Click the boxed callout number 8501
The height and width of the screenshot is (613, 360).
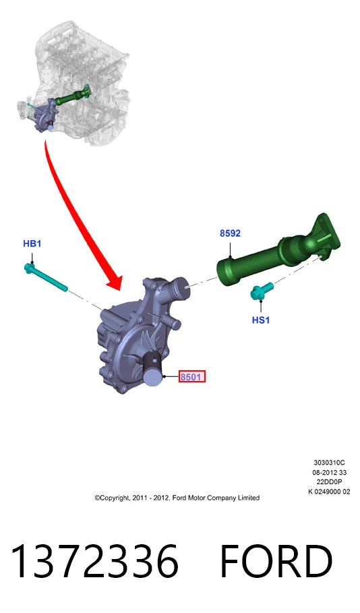pyautogui.click(x=191, y=376)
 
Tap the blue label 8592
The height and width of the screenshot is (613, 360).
pyautogui.click(x=230, y=233)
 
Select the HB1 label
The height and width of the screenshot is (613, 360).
pyautogui.click(x=32, y=243)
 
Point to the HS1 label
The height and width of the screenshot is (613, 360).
pyautogui.click(x=261, y=320)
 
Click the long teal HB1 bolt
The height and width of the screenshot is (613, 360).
pyautogui.click(x=46, y=277)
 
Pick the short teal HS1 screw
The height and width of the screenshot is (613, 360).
pyautogui.click(x=261, y=291)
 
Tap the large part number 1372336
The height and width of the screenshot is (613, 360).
pyautogui.click(x=95, y=561)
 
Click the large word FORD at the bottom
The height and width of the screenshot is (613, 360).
pyautogui.click(x=276, y=561)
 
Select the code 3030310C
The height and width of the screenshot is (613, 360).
pyautogui.click(x=329, y=463)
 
